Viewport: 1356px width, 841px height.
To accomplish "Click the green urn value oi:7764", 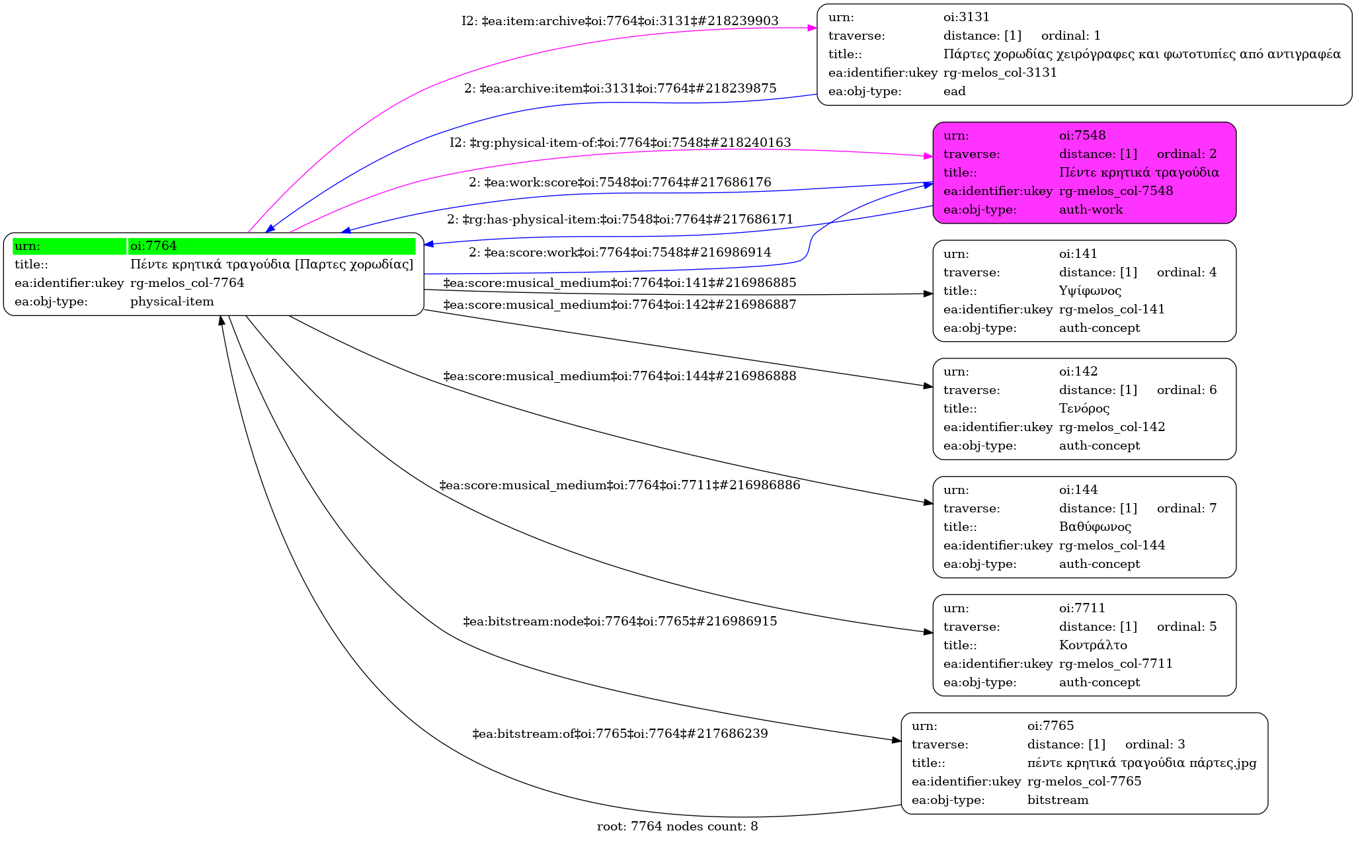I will tap(153, 246).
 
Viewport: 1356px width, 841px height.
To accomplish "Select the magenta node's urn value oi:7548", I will tap(1082, 136).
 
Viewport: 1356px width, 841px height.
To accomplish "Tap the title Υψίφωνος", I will tap(1090, 291).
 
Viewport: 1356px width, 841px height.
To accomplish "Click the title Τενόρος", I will tap(1084, 409).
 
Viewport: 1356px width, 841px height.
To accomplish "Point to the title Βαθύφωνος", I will tap(1095, 527).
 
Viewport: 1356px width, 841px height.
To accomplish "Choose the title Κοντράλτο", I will tap(1093, 645).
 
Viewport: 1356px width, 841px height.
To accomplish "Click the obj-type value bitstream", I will tap(1057, 800).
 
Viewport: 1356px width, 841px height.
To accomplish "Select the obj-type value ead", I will tap(954, 91).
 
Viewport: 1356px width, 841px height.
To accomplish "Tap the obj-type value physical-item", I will tap(172, 301).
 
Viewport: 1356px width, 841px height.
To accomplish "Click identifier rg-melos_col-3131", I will tap(1000, 73).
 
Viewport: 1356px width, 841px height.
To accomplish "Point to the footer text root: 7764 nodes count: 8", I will tap(677, 826).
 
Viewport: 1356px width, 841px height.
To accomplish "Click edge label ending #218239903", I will tap(619, 21).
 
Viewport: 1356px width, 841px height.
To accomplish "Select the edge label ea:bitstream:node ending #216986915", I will tap(619, 621).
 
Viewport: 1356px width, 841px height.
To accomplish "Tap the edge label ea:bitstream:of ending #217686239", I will tap(619, 734).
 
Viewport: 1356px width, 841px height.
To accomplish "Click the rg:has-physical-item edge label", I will tap(619, 220).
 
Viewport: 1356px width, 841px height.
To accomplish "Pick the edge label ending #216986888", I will tap(619, 376).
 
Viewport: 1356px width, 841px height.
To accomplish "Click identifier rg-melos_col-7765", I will tap(1084, 781).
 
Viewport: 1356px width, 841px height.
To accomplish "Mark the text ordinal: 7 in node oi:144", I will tap(1186, 508).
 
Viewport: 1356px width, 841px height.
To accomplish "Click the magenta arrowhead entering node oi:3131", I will tap(813, 28).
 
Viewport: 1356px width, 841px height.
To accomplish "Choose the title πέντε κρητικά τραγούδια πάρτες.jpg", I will tap(1141, 763).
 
